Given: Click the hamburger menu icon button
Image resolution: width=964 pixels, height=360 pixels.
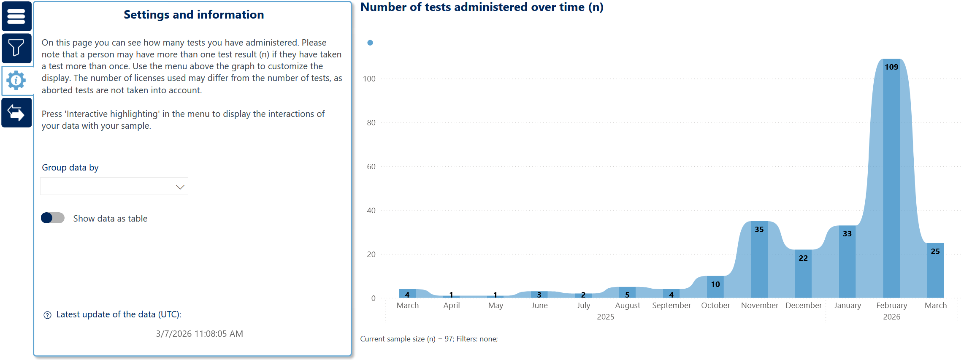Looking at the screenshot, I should tap(16, 16).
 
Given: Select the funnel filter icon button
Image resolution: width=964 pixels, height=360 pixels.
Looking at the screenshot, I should tap(16, 48).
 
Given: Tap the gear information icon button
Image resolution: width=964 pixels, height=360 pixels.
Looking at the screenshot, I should tap(16, 80).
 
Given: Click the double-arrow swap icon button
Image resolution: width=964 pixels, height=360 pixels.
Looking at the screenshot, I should tap(16, 113).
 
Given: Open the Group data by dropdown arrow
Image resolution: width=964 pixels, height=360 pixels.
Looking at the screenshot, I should tap(180, 187).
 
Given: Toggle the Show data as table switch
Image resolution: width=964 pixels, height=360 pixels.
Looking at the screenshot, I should tap(53, 218).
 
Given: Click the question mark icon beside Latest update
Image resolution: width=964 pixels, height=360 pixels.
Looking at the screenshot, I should tap(47, 315).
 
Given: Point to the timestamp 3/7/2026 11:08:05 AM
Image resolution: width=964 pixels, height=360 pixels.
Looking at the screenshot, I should tap(199, 334).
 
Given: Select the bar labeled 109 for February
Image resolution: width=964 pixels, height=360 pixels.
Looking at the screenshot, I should tap(891, 177).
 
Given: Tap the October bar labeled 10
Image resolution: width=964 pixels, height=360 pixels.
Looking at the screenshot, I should tap(715, 287).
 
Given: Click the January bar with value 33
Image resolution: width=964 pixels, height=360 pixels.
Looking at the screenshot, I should tap(847, 262).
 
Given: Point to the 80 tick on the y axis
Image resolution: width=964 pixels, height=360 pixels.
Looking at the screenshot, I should tap(371, 123).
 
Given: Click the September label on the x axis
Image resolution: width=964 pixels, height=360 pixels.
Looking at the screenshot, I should tap(672, 306).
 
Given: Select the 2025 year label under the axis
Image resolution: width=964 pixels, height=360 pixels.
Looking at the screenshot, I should tap(605, 317).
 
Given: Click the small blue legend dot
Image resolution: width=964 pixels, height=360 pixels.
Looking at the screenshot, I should tap(370, 43).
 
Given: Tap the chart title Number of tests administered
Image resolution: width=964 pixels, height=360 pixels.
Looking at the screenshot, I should tap(482, 7).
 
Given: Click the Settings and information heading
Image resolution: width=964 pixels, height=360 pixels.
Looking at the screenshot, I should tap(194, 15).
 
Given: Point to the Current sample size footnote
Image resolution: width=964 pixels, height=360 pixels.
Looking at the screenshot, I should tap(429, 339).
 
